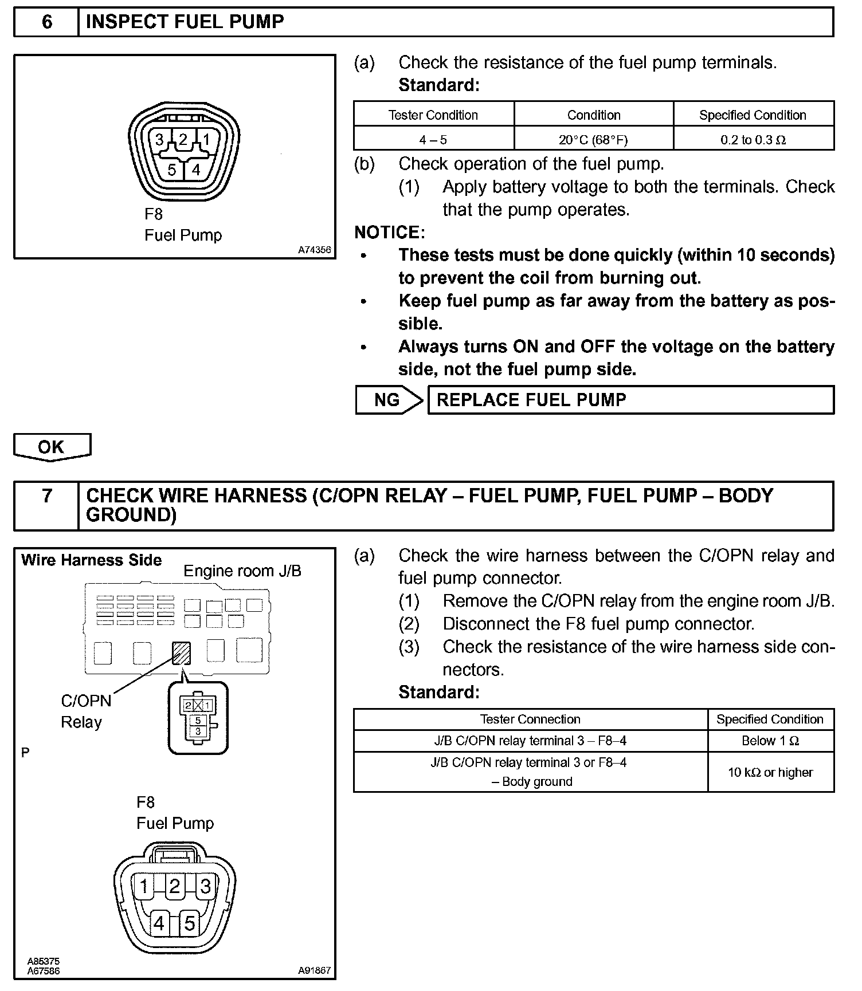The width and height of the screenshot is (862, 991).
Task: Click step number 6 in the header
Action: click(x=46, y=22)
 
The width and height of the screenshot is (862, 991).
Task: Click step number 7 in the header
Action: click(x=46, y=496)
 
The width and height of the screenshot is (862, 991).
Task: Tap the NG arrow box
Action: click(x=389, y=400)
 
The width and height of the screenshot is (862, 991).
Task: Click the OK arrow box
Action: click(x=52, y=447)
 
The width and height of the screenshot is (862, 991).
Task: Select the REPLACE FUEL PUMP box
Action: click(x=630, y=400)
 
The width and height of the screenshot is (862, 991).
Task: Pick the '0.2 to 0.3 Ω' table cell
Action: click(x=753, y=139)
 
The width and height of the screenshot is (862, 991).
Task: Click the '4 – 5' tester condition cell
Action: click(x=433, y=139)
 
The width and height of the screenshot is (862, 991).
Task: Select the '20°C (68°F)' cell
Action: click(x=594, y=139)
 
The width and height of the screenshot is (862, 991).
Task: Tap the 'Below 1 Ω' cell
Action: click(x=770, y=741)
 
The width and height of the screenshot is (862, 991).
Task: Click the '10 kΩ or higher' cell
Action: click(x=770, y=772)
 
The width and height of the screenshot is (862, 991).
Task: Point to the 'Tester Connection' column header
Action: click(x=530, y=719)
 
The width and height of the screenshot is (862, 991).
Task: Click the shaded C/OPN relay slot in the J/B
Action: click(x=181, y=652)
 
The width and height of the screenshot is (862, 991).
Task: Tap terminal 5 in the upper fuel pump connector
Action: click(x=172, y=170)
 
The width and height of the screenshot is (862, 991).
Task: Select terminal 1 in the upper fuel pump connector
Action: click(x=206, y=140)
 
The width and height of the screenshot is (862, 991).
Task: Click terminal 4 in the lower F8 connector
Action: click(x=159, y=923)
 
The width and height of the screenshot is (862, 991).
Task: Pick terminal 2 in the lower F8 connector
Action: click(x=175, y=887)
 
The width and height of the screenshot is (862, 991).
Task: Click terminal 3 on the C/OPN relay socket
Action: click(x=198, y=732)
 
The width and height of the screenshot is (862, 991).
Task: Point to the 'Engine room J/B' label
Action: click(x=242, y=571)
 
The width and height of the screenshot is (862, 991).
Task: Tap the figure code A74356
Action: click(x=314, y=250)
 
